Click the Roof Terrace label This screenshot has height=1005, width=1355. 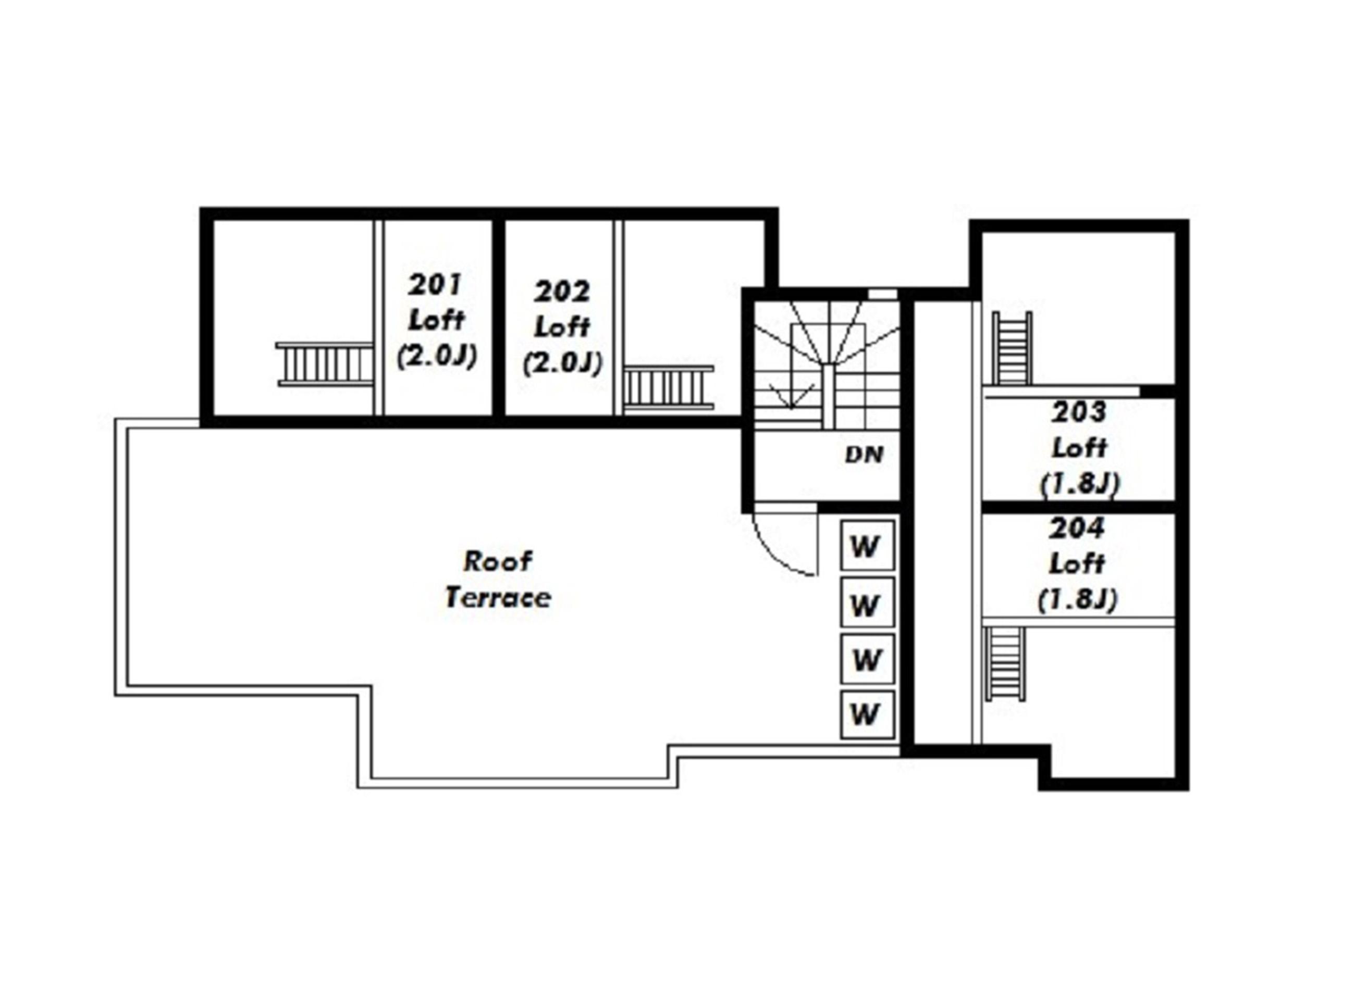(x=498, y=579)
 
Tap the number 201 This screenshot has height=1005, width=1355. (x=436, y=284)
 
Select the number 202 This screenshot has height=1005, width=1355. (x=562, y=292)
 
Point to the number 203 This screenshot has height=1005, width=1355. (x=1078, y=412)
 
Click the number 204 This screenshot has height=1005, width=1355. (x=1076, y=527)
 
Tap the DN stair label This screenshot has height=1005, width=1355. (x=864, y=455)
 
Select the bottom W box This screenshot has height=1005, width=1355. (x=867, y=715)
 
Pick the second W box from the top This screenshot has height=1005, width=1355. (x=867, y=602)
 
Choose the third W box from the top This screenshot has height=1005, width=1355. (x=867, y=659)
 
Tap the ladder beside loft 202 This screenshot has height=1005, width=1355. (x=668, y=387)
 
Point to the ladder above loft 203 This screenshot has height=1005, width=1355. (x=1012, y=348)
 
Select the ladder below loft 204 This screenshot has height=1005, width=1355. (x=1005, y=664)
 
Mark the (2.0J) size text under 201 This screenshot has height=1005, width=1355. (x=436, y=356)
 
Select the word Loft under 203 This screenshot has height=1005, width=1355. (x=1079, y=448)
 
